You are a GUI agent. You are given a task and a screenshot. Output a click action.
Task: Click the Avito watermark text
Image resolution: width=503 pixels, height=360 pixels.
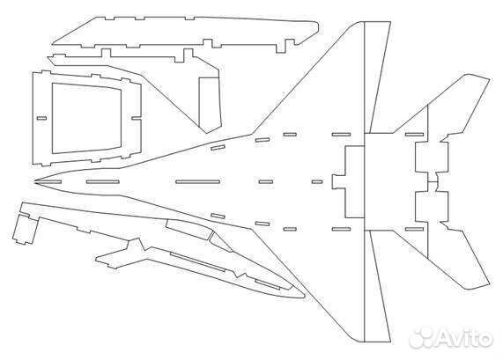point(465,338)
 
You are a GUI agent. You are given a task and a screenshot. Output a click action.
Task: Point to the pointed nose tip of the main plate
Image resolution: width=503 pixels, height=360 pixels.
point(34,181)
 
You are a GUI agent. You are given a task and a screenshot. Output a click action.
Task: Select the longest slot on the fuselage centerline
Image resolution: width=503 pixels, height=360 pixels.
point(198,182)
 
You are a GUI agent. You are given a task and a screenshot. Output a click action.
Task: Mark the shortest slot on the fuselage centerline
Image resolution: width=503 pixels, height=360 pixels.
point(317,182)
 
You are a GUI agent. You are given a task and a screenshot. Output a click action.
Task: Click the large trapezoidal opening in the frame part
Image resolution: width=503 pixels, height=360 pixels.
point(86,118)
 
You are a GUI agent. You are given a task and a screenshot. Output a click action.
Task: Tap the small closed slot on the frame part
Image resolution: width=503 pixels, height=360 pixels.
point(41,118)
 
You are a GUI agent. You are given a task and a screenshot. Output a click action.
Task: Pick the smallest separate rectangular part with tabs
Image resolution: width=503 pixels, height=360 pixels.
point(24,229)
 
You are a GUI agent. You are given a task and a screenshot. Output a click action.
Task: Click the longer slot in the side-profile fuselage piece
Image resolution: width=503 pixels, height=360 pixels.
point(197,261)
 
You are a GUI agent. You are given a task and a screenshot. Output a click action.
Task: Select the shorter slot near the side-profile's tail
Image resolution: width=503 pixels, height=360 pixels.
point(268,284)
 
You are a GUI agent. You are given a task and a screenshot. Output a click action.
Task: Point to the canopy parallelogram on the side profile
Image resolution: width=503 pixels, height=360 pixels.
point(189,230)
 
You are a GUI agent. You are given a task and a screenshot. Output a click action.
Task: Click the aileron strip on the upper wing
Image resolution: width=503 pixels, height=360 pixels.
point(377,77)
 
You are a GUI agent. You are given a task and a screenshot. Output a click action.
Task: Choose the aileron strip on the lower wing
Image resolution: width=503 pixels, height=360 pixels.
point(377,286)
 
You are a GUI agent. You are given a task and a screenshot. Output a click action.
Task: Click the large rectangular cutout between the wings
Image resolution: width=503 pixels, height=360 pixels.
point(354,182)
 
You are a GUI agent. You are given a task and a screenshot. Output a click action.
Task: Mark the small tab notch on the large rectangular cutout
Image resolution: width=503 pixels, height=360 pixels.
point(338,182)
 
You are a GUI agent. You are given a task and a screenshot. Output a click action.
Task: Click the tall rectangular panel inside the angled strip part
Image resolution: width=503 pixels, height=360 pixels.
point(210,105)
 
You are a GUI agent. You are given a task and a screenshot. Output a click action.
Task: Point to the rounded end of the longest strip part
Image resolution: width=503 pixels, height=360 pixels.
point(316,27)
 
